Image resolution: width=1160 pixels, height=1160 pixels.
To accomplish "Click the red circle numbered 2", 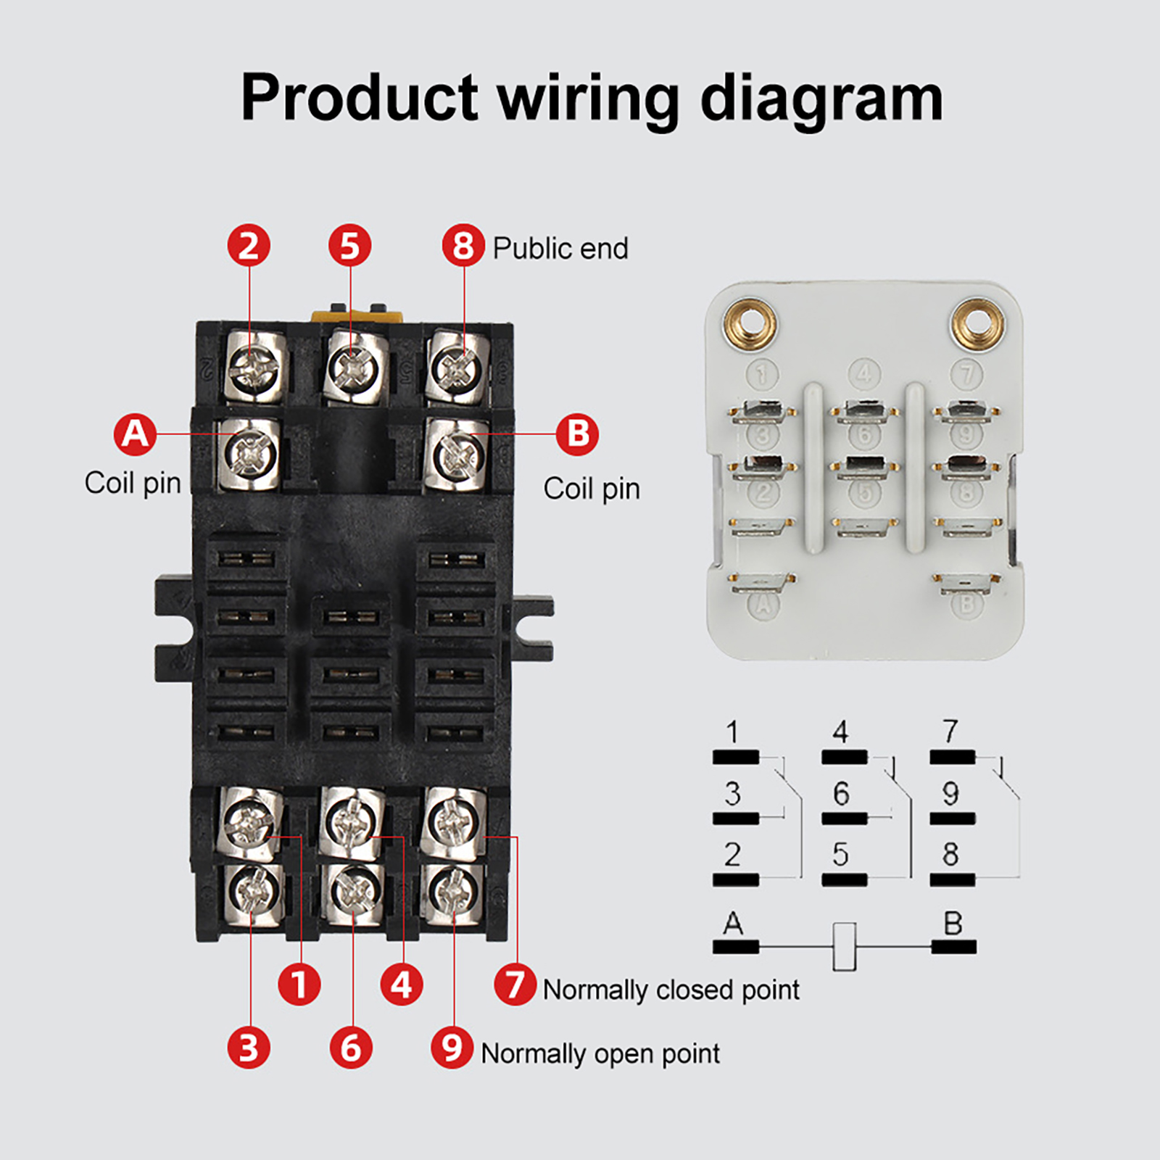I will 249,246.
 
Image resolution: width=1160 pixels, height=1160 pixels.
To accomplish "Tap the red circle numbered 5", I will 350,246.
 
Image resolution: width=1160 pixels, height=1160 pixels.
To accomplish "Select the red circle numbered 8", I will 463,246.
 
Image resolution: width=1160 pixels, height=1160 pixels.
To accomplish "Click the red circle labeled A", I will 135,434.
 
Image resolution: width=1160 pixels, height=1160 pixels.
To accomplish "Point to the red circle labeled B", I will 577,434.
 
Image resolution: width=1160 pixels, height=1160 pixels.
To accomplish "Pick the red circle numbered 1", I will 299,985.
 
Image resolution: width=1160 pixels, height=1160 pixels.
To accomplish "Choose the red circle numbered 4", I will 402,985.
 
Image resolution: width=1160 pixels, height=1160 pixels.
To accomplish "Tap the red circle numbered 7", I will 515,985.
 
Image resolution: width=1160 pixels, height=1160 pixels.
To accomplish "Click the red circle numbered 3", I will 249,1048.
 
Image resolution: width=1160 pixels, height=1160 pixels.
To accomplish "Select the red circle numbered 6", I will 351,1048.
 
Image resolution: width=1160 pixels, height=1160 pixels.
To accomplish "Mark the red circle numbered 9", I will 452,1048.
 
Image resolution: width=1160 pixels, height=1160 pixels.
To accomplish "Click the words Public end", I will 560,249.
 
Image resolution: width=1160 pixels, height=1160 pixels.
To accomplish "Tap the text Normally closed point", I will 671,990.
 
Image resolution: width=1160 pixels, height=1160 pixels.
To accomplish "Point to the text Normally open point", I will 600,1053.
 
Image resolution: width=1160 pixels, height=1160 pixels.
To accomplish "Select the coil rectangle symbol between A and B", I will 845,946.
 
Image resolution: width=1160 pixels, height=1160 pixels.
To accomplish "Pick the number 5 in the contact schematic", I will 841,855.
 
